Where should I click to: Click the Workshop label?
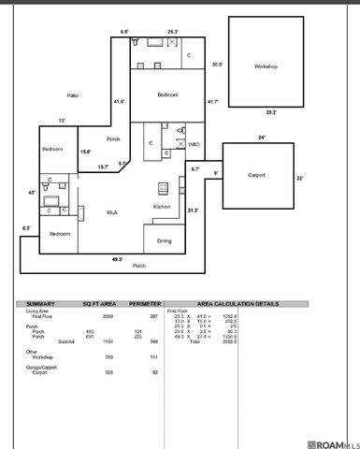tap(266, 66)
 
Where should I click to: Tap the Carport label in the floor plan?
tap(257, 175)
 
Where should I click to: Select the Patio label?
tap(72, 95)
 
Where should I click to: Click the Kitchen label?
tap(162, 207)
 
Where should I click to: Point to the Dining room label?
tap(164, 240)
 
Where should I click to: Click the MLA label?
tap(111, 214)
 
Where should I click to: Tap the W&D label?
tap(193, 145)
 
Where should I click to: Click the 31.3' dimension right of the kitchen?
tap(194, 210)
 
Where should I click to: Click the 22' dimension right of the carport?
tap(301, 178)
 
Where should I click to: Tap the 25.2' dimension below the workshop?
tap(272, 111)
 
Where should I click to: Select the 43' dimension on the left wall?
tap(33, 192)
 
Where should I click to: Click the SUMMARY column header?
tap(41, 304)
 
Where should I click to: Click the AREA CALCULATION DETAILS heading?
tap(252, 304)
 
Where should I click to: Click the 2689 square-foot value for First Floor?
tap(108, 317)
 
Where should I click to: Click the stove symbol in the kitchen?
tap(160, 185)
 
